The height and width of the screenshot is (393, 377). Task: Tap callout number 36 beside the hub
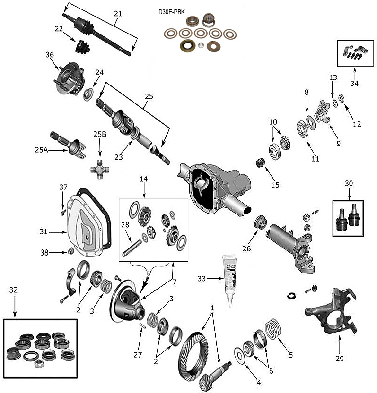pyautogui.click(x=50, y=55)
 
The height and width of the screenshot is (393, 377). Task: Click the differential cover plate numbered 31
pyautogui.click(x=88, y=227)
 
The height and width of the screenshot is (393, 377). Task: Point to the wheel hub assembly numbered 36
pyautogui.click(x=70, y=77)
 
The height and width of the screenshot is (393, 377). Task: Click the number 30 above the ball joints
pyautogui.click(x=348, y=183)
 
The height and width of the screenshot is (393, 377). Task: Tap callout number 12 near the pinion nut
pyautogui.click(x=357, y=125)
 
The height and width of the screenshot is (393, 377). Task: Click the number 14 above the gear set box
pyautogui.click(x=144, y=179)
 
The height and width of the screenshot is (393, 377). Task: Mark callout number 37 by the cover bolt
pyautogui.click(x=63, y=188)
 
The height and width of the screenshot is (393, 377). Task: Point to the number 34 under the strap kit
pyautogui.click(x=354, y=84)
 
